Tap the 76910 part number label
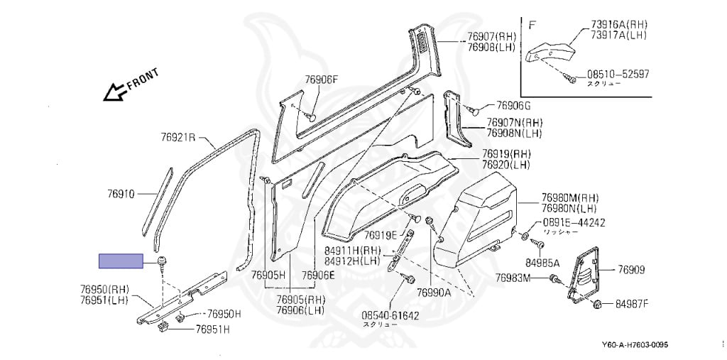pos(121,193)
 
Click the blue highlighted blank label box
pos(121,261)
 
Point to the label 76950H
pos(224,314)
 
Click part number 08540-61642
pos(390,315)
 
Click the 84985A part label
pos(542,263)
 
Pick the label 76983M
pos(513,278)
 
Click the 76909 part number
pos(631,269)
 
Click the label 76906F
pos(322,80)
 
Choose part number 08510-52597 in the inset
pos(617,73)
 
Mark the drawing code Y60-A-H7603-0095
pos(635,346)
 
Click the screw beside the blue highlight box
pos(163,261)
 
